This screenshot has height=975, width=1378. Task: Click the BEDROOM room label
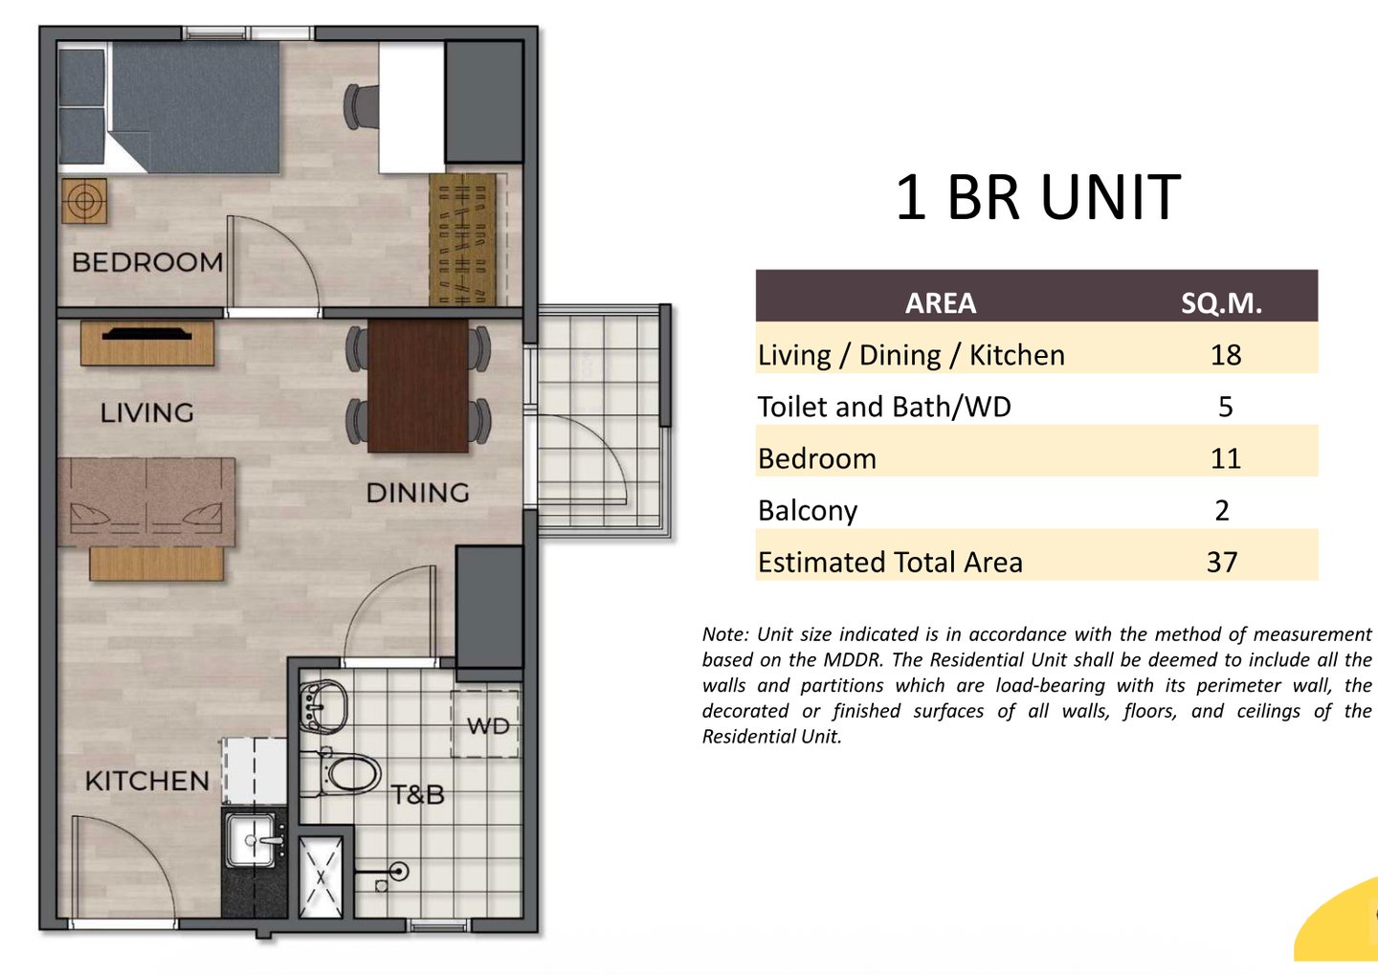click(x=147, y=263)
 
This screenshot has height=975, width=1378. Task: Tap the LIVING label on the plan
click(x=147, y=412)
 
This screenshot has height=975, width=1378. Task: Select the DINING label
click(x=417, y=493)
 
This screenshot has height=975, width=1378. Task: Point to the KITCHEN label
click(x=147, y=781)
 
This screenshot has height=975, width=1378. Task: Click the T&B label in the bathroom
click(x=417, y=795)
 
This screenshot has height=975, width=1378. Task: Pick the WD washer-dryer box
click(x=485, y=724)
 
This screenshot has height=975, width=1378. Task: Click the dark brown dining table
click(x=417, y=386)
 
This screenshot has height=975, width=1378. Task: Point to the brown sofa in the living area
click(x=146, y=502)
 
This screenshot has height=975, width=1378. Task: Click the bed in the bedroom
click(x=169, y=107)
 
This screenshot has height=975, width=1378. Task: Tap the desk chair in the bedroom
click(x=361, y=107)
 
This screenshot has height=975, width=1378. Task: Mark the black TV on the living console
click(x=147, y=335)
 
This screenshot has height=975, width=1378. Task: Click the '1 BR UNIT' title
click(x=1037, y=197)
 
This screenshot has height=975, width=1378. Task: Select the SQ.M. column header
click(x=1221, y=303)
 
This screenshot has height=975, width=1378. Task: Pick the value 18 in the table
click(x=1226, y=355)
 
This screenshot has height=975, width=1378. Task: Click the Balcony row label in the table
click(x=807, y=511)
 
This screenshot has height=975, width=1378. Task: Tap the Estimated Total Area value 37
click(x=1222, y=563)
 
